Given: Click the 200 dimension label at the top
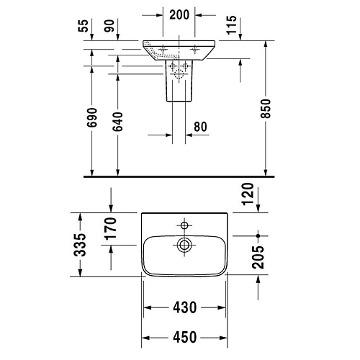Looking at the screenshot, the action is [179, 15].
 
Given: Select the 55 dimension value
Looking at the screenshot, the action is [84, 26].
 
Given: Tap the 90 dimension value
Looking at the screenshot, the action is [109, 26].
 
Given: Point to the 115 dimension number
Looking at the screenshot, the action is [232, 25].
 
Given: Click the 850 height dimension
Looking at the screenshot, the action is [266, 109].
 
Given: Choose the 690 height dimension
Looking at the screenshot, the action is [92, 117].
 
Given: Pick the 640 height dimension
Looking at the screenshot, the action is [118, 122].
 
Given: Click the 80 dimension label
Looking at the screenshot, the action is [200, 127].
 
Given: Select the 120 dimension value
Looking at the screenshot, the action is [248, 194].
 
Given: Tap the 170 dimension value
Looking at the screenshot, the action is [111, 229].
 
